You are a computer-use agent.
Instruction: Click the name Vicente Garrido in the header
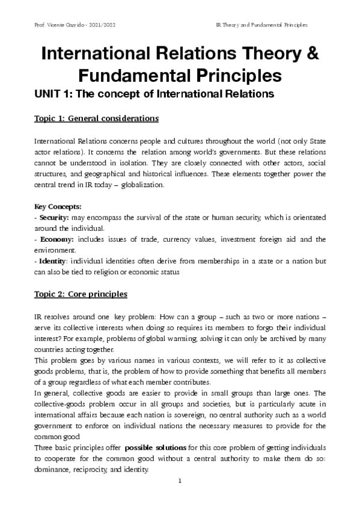59,26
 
